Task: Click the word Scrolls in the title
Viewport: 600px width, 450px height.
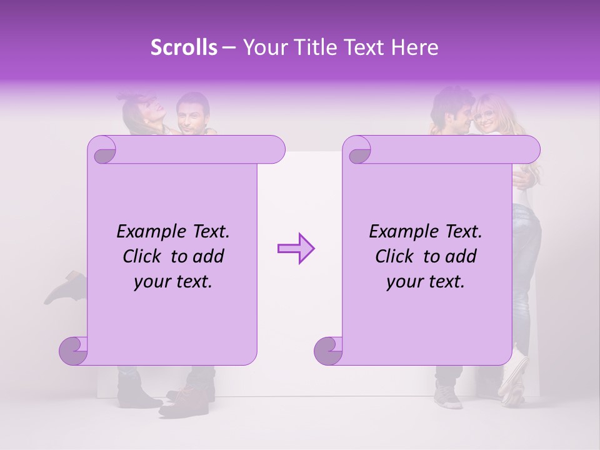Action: click(184, 47)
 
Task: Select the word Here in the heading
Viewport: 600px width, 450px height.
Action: click(414, 47)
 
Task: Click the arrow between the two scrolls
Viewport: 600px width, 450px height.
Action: click(296, 249)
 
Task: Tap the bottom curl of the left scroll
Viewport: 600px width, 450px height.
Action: click(73, 351)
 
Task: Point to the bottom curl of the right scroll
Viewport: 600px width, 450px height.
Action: click(328, 351)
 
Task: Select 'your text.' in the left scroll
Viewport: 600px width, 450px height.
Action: click(173, 282)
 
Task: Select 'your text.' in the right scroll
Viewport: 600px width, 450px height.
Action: click(426, 282)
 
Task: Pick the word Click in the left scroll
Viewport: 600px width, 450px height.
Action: click(144, 257)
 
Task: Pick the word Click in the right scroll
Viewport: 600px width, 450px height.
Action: click(396, 257)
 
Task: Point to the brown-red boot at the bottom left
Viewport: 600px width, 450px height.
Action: click(181, 400)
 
